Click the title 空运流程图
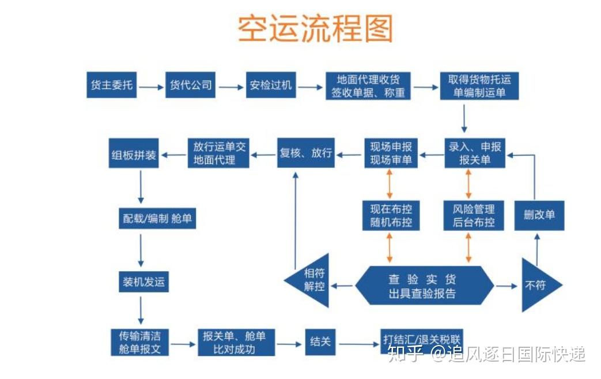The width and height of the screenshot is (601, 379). click(315, 29)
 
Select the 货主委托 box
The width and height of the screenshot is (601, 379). click(112, 85)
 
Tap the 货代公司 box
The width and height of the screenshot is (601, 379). click(190, 85)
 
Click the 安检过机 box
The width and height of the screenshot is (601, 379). click(271, 85)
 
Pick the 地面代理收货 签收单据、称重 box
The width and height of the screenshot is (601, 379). click(368, 85)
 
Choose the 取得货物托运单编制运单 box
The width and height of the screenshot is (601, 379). click(479, 85)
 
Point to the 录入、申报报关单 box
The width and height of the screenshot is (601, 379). click(475, 153)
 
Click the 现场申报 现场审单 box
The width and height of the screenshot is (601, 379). click(391, 153)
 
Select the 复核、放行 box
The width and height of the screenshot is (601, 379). click(306, 153)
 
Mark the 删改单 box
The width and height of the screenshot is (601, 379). click(539, 215)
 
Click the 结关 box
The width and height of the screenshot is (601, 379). click(320, 342)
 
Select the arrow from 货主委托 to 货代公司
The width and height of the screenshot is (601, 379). click(151, 88)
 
